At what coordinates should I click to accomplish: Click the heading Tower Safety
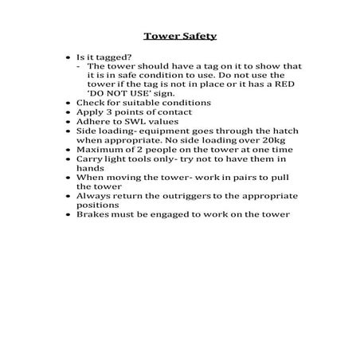[179, 36]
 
